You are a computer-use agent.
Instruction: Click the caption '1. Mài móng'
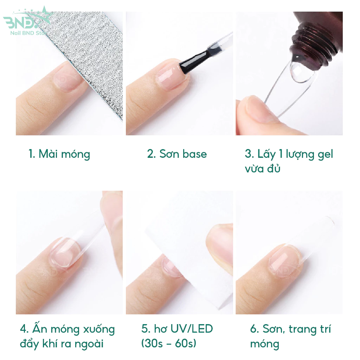tap(59, 154)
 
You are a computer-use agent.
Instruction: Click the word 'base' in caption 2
tap(194, 154)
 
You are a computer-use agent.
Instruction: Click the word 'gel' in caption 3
tap(325, 154)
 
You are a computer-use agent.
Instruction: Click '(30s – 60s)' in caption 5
tap(169, 343)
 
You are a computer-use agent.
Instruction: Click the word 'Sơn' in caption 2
tap(168, 154)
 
